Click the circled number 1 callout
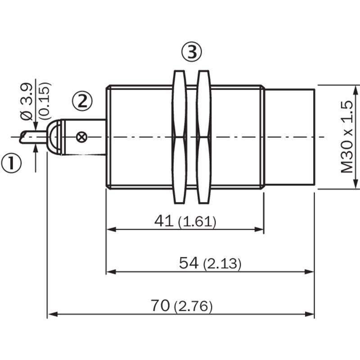(11, 162)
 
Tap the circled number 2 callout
(82, 101)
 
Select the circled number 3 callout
(192, 52)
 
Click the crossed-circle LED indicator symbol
(81, 137)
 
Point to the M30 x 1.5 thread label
(346, 137)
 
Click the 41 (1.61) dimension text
(185, 222)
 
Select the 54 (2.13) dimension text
(210, 263)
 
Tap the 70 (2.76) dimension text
(182, 306)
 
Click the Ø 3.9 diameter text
(27, 102)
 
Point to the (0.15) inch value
(44, 101)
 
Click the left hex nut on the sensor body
(179, 137)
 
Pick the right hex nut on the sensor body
(204, 137)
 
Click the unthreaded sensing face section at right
(290, 137)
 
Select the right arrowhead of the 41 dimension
(260, 229)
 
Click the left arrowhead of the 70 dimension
(52, 314)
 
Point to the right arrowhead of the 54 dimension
(309, 272)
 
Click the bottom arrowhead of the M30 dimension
(355, 184)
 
